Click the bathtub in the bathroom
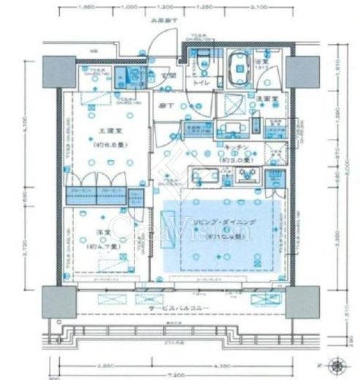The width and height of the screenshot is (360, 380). point(237,71)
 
